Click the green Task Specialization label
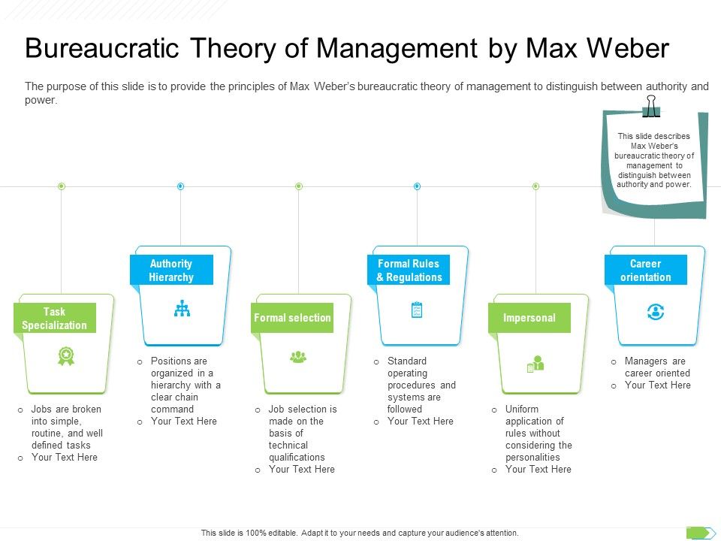coord(55,318)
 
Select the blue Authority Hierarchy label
coord(171,270)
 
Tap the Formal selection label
coord(292,318)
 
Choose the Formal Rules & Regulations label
coord(409,270)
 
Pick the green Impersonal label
coord(529,318)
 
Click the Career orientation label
coord(645,270)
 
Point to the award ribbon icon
coord(66,356)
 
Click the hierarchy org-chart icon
coord(181,309)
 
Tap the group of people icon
coord(298,356)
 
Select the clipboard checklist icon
coord(418,310)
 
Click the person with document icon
coord(535,364)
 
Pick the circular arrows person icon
coord(655,313)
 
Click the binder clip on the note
coord(650,106)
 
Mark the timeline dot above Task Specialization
coord(62,186)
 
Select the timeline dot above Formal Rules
coord(417,186)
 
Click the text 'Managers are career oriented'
coord(656,367)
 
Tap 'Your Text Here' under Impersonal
coord(538,469)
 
